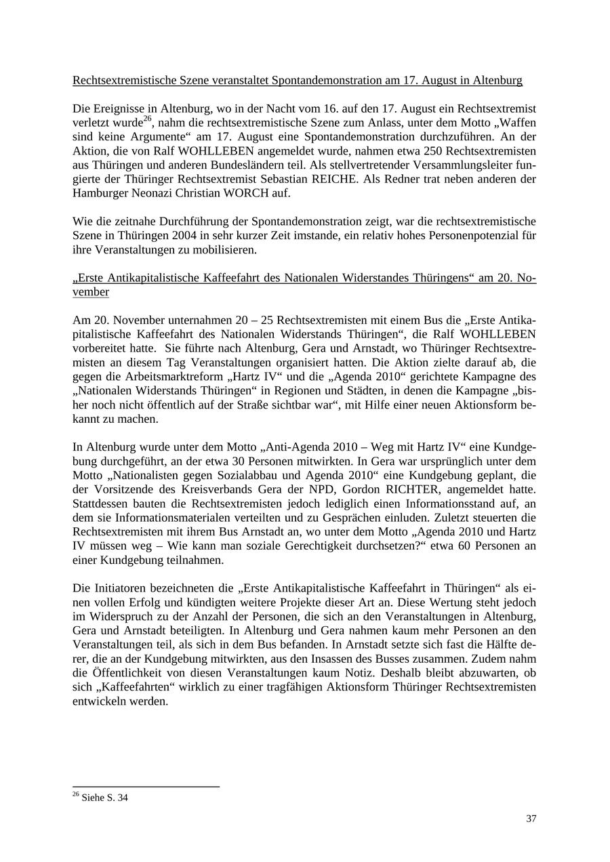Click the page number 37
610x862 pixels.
[531, 819]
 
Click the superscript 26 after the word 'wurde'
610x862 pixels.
[147, 119]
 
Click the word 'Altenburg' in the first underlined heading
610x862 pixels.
[498, 81]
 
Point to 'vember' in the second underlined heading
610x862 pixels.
[91, 292]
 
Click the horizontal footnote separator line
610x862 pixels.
[146, 787]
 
